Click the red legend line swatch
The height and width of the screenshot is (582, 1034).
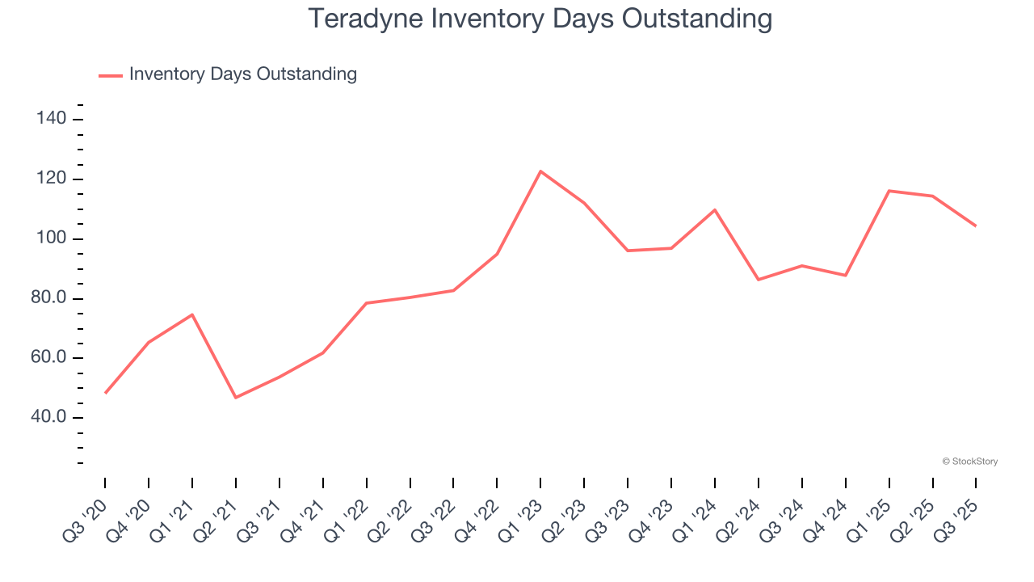pyautogui.click(x=111, y=75)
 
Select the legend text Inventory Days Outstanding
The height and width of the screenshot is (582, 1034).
pyautogui.click(x=242, y=74)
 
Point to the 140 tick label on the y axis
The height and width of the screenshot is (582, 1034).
pyautogui.click(x=51, y=120)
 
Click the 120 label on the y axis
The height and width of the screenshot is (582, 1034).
pyautogui.click(x=51, y=179)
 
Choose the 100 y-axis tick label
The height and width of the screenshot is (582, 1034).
pyautogui.click(x=51, y=239)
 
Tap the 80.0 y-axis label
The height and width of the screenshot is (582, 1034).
pyautogui.click(x=47, y=299)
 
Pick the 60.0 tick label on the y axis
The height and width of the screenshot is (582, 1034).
pyautogui.click(x=47, y=358)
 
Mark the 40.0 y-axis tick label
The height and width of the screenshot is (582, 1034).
pyautogui.click(x=47, y=418)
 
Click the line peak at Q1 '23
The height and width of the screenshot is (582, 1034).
pyautogui.click(x=540, y=171)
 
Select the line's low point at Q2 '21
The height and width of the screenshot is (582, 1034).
pyautogui.click(x=236, y=397)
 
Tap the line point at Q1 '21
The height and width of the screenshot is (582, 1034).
pyautogui.click(x=192, y=314)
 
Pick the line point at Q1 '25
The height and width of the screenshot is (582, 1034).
pyautogui.click(x=889, y=191)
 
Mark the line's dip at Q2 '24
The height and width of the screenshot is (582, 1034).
pyautogui.click(x=759, y=280)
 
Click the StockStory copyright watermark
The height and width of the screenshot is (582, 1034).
pyautogui.click(x=969, y=462)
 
